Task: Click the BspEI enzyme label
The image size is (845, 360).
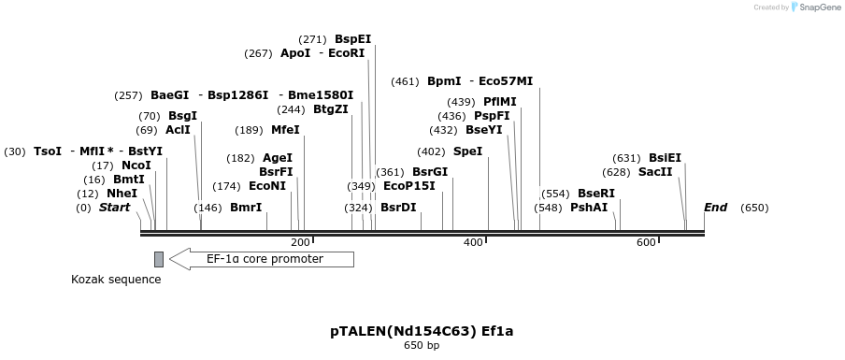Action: [x=352, y=39]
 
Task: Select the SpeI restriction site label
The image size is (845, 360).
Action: [x=467, y=151]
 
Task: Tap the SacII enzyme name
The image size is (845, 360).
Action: [x=654, y=172]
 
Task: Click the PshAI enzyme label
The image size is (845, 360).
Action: [x=588, y=208]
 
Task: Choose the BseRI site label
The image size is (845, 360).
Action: [x=595, y=194]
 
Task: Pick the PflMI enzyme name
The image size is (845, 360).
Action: [x=499, y=102]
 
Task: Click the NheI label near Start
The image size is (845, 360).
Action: [x=122, y=194]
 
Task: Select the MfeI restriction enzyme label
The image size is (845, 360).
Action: [x=285, y=130]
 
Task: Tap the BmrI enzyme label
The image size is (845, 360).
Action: [x=245, y=208]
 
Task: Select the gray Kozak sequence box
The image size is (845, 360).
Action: [x=159, y=259]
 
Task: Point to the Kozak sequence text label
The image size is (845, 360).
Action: [x=116, y=280]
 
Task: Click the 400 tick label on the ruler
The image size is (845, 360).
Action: [x=473, y=242]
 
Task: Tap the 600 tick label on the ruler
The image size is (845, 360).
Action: [x=646, y=242]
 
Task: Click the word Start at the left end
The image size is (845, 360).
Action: [x=114, y=208]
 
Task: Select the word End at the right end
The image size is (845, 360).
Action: [x=715, y=208]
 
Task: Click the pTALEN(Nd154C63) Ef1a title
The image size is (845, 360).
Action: [x=422, y=331]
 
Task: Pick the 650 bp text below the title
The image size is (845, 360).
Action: [x=422, y=346]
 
